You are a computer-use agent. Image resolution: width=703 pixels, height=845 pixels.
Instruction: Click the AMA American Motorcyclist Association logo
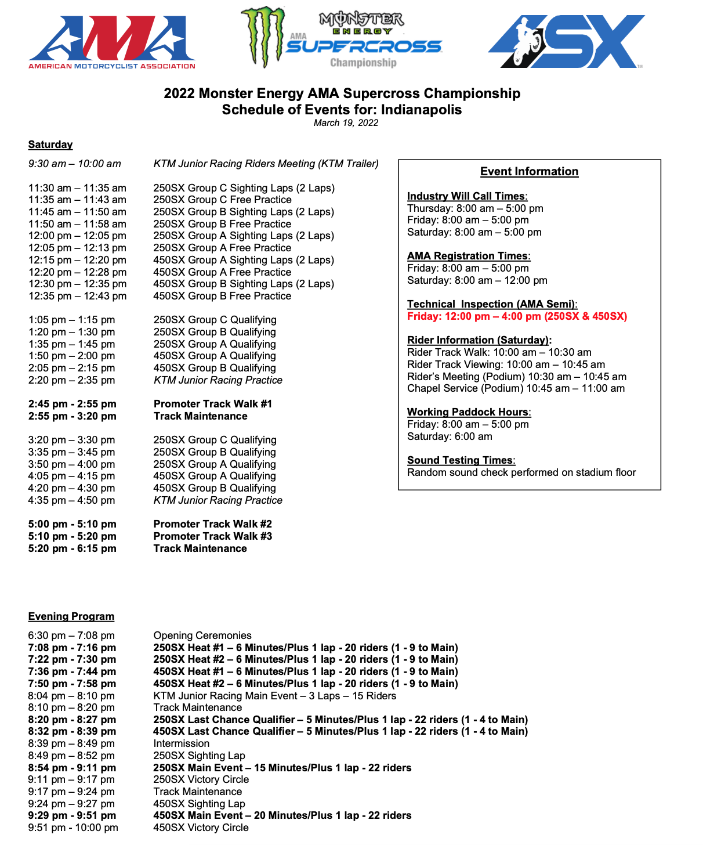tap(112, 42)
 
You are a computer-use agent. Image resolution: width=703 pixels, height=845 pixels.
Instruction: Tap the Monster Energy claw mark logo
tap(263, 36)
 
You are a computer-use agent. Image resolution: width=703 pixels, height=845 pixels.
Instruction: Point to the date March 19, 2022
tap(346, 123)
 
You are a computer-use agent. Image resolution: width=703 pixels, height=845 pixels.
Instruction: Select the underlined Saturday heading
tap(50, 145)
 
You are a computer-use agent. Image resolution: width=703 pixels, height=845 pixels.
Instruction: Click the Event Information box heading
tap(529, 172)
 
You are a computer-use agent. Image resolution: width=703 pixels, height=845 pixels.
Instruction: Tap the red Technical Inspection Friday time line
tap(517, 316)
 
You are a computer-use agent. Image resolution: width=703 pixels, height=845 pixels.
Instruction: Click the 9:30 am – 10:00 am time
tap(75, 164)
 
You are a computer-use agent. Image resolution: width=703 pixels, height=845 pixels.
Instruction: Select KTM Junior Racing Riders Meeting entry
tap(266, 164)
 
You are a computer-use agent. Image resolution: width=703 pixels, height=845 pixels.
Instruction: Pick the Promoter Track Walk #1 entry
tap(212, 404)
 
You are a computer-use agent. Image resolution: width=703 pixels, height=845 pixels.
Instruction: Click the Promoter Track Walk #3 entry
tap(212, 536)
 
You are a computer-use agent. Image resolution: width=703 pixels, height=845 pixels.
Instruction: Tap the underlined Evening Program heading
tap(71, 616)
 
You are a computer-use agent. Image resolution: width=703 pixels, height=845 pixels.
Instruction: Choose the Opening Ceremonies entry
tap(202, 635)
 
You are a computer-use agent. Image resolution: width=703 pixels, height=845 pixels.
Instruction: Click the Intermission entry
tap(182, 743)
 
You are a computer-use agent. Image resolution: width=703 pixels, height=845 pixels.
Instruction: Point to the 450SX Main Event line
tap(282, 815)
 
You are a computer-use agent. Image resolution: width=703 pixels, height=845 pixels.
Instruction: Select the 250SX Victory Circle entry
tap(201, 779)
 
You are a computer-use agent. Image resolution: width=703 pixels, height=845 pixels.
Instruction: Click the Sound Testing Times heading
tap(461, 460)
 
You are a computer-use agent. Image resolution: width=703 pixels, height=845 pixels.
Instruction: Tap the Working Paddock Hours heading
tap(469, 412)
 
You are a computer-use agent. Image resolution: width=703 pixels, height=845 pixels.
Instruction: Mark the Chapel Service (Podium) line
tap(516, 388)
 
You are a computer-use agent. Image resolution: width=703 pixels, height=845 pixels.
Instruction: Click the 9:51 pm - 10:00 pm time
tap(73, 828)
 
